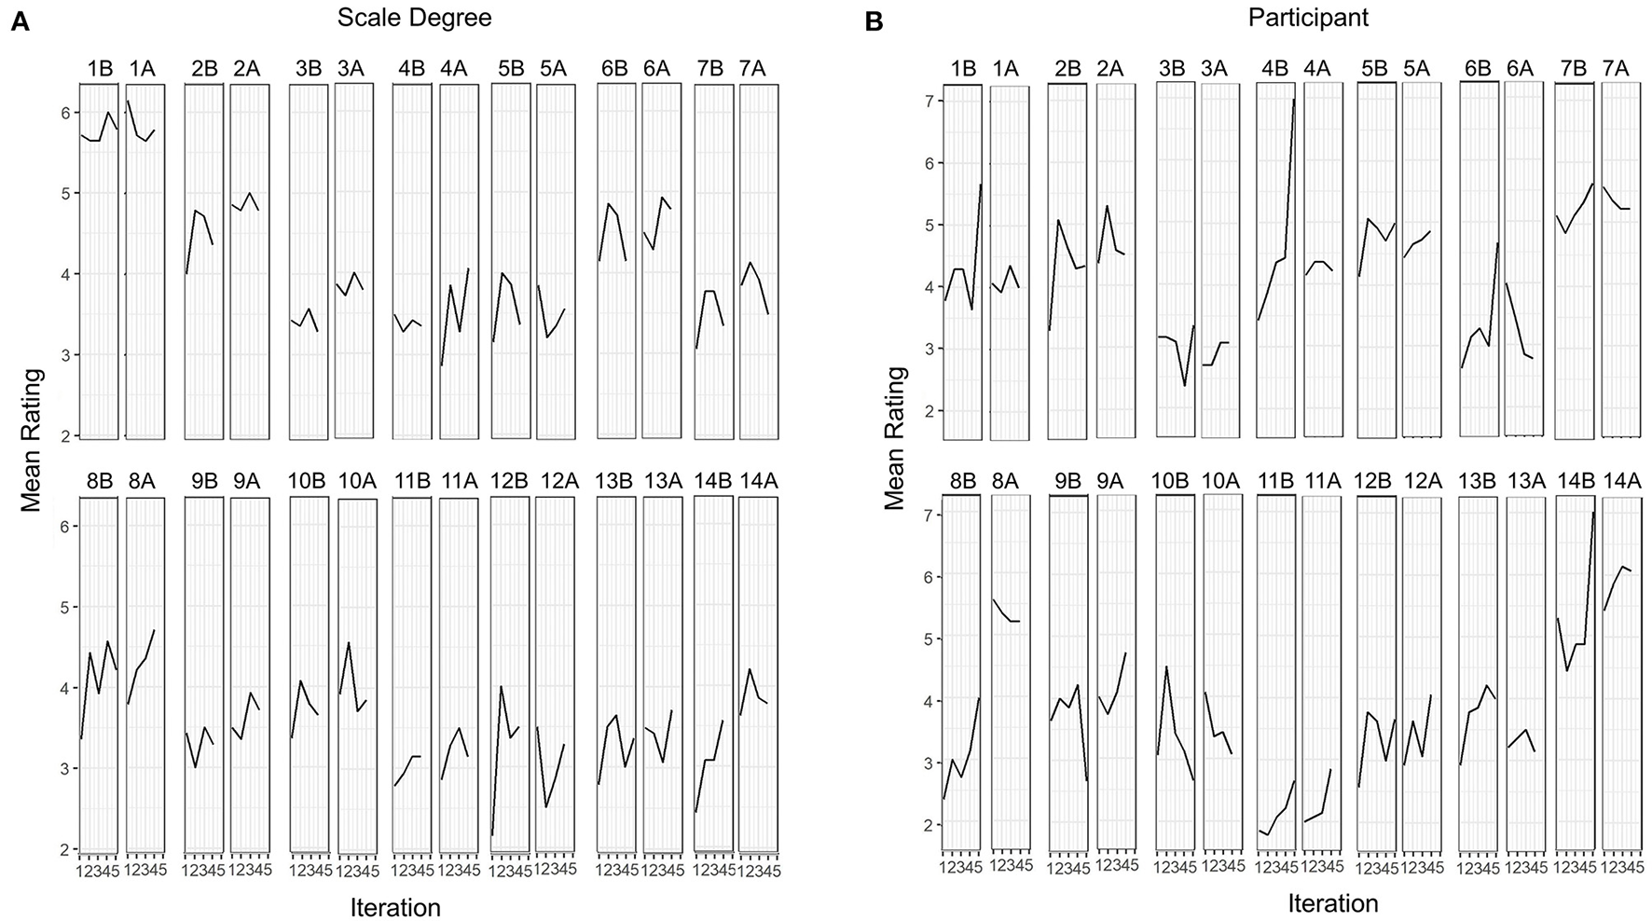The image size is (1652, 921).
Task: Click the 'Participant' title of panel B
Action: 1307,19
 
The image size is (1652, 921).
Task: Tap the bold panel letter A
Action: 20,22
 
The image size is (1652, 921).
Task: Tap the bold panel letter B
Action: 874,22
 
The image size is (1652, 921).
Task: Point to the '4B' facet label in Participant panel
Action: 1274,69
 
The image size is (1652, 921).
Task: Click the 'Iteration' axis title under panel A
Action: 395,906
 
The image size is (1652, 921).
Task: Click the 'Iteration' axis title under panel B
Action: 1333,902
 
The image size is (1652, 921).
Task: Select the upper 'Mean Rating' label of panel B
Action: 895,438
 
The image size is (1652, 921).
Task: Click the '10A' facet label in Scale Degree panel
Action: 357,482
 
